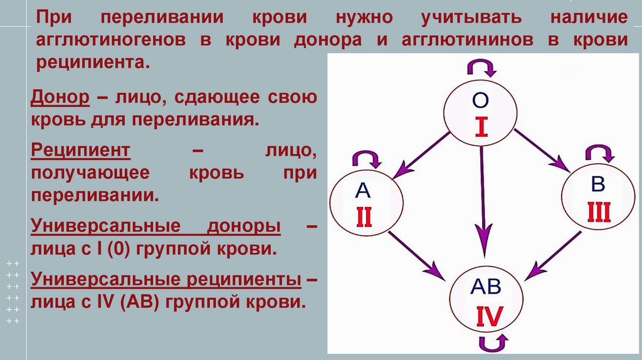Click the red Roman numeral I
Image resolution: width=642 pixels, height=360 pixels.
coord(481,127)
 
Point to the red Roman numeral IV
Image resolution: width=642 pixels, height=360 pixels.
coord(487,315)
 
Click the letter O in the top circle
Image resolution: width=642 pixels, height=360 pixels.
coord(481,100)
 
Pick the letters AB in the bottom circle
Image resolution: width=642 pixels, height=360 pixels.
coord(486,288)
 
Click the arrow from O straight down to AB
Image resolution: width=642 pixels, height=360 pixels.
coord(483,201)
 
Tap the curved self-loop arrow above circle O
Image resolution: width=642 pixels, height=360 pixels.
coord(481,66)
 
